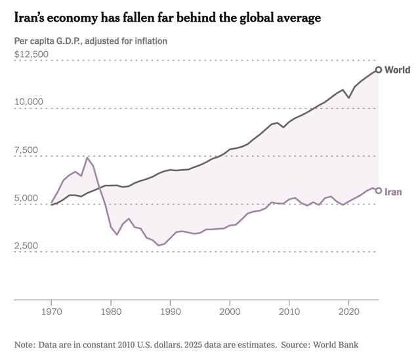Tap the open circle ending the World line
(379, 70)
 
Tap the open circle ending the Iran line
(379, 191)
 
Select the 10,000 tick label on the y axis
(29, 102)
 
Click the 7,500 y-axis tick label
(29, 150)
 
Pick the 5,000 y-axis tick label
(29, 199)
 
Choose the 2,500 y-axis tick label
(29, 247)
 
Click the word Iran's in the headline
(34, 18)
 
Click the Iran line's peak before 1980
(87, 158)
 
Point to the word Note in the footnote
(25, 344)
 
